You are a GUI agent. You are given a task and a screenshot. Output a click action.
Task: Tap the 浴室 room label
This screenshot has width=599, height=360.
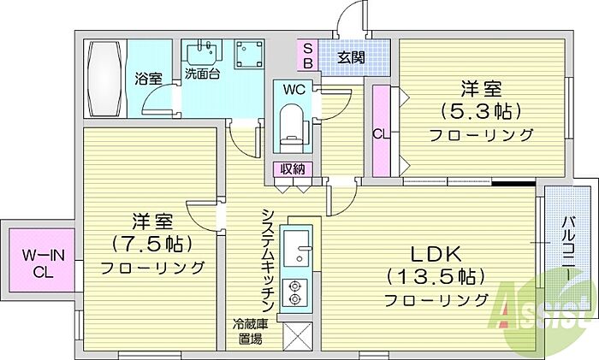(149, 79)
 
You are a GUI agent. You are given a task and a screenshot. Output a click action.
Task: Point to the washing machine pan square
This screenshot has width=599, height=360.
(249, 54)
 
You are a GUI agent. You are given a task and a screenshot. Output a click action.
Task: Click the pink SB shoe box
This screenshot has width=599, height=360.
(308, 56)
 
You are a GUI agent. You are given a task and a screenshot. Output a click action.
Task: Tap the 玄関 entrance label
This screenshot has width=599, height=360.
(351, 58)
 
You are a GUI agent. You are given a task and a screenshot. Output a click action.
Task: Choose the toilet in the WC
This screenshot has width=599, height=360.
(294, 128)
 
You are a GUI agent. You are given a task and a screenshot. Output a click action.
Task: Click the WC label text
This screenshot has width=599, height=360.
(294, 90)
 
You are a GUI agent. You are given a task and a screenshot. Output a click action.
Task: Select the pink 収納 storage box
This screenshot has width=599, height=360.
(293, 169)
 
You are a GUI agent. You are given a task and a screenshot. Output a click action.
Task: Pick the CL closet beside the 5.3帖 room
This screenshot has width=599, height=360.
(381, 131)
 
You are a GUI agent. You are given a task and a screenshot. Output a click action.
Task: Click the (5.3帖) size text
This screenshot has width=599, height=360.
(481, 111)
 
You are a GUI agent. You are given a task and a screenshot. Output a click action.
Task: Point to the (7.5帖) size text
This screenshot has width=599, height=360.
(151, 244)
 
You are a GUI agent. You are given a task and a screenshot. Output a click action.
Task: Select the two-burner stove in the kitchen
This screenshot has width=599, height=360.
(295, 292)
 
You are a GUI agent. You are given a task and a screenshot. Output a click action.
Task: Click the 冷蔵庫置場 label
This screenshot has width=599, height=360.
(251, 332)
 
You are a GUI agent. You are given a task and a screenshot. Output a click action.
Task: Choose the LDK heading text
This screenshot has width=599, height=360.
(436, 254)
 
